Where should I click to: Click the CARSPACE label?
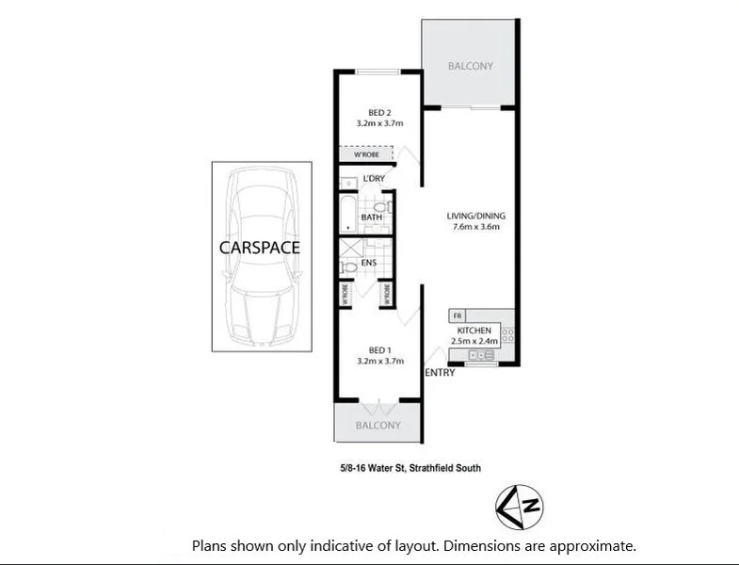pos(259,249)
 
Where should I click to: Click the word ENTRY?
pos(440,373)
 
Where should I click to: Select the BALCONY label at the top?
pos(470,67)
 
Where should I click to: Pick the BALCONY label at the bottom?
pos(378,426)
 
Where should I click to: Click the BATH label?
pos(371,218)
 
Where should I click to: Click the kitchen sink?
pos(482,355)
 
